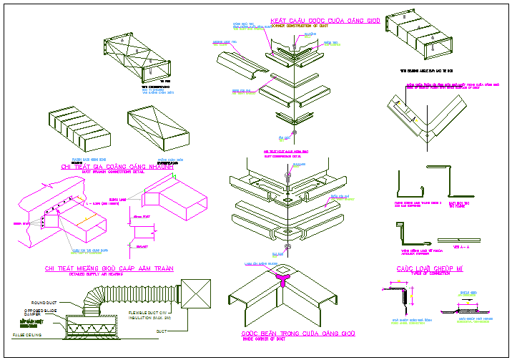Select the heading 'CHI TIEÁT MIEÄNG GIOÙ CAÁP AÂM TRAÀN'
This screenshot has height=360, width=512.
pyautogui.click(x=109, y=268)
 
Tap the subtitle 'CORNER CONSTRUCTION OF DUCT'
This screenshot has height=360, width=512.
pyautogui.click(x=300, y=26)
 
